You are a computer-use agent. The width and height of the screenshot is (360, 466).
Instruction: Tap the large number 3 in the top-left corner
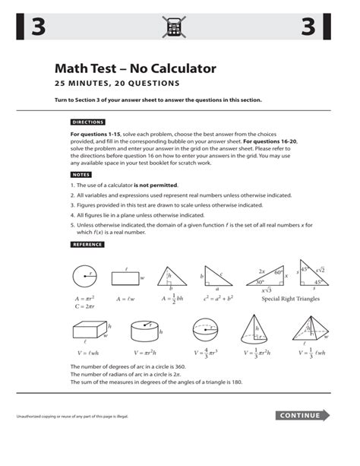pos(39,28)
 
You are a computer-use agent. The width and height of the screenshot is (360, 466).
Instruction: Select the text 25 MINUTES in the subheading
pos(83,83)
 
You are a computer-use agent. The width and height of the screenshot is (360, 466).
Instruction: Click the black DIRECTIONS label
pos(88,122)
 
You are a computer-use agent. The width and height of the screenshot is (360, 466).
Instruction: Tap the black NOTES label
pos(81,174)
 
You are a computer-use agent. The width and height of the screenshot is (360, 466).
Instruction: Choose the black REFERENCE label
pos(87,244)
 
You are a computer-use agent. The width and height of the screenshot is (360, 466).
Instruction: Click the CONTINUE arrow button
pos(303,415)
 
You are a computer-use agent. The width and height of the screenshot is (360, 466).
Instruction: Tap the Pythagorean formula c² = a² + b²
pos(219,299)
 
